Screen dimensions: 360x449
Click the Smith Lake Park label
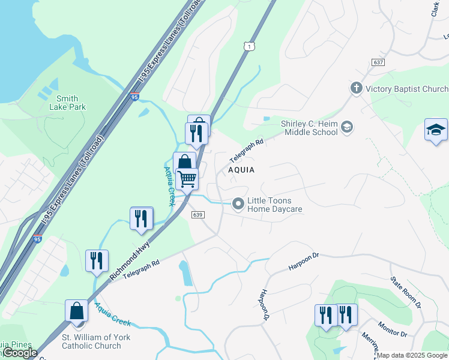[71, 103]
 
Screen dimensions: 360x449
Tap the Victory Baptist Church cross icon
[356, 89]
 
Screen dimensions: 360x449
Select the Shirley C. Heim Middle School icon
[347, 127]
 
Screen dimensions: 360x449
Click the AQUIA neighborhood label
[241, 170]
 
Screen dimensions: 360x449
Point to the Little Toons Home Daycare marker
[238, 205]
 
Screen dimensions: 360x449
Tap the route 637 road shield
[378, 62]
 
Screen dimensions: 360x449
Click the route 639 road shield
[198, 215]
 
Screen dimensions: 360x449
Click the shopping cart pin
[187, 178]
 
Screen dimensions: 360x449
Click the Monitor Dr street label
[393, 329]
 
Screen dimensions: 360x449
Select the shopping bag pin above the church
[76, 311]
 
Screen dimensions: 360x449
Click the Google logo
[20, 353]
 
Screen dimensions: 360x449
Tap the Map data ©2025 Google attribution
[412, 355]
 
